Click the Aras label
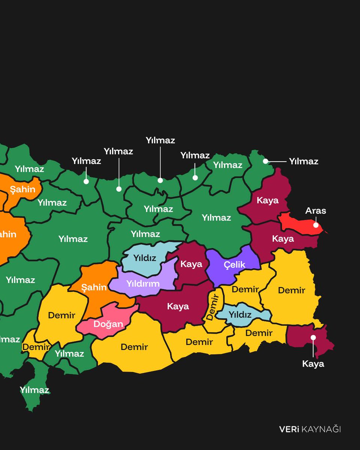(316, 211)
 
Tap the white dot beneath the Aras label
(316, 225)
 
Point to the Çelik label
(234, 265)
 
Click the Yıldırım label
(143, 283)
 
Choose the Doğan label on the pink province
(108, 324)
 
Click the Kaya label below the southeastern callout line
(313, 364)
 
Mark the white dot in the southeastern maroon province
(313, 337)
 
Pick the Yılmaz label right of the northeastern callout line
(303, 162)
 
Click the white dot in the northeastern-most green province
(265, 161)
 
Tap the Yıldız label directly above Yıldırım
(145, 258)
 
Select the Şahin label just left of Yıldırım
(94, 288)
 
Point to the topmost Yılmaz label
(160, 141)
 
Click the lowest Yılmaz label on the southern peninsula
(34, 390)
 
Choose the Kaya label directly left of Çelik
(191, 264)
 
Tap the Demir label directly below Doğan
(134, 347)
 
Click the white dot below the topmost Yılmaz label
(160, 180)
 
